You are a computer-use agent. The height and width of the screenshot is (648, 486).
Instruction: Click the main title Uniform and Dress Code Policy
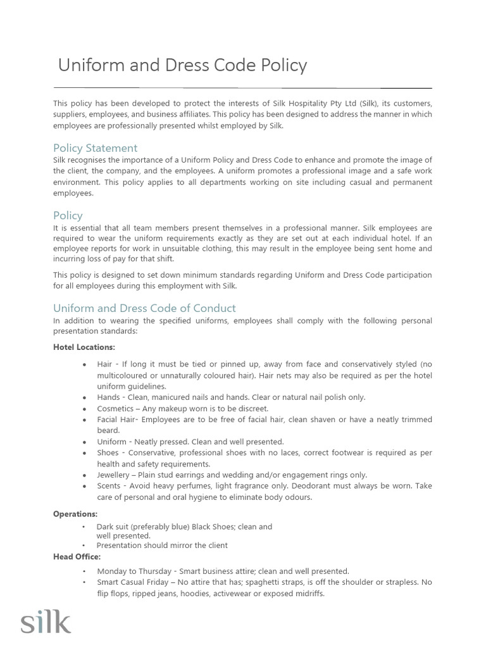click(182, 65)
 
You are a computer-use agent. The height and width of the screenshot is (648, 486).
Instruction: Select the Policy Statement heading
click(95, 148)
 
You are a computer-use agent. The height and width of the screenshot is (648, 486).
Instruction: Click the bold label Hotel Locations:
click(84, 347)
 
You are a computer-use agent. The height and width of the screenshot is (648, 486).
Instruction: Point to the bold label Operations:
click(75, 514)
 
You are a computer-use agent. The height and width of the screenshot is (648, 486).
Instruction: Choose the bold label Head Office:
click(77, 556)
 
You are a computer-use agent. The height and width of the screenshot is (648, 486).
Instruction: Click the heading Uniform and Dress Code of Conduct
click(144, 308)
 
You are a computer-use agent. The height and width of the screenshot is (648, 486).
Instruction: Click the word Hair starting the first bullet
click(104, 364)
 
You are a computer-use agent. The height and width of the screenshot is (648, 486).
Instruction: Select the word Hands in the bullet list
click(108, 397)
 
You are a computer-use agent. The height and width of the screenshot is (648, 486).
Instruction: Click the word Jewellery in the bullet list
click(115, 475)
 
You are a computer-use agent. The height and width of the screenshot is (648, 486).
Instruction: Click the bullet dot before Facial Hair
click(84, 420)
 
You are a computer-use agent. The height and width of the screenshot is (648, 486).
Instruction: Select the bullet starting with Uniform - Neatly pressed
click(190, 442)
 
